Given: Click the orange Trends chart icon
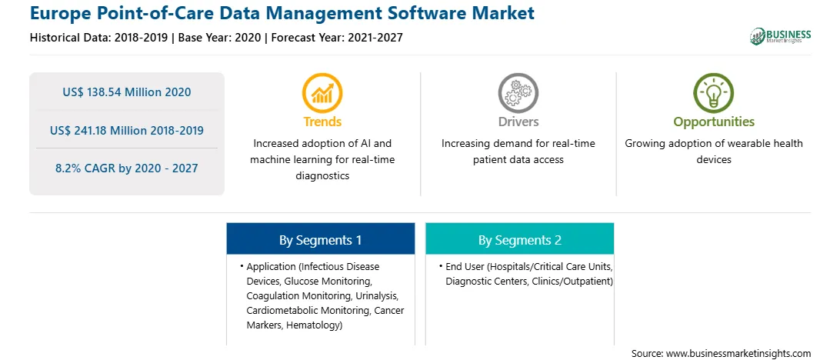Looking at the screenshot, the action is [322, 92].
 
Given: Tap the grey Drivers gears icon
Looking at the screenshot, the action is [518, 92].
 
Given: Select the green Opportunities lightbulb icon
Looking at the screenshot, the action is [714, 92].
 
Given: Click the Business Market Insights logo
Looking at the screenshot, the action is [780, 36].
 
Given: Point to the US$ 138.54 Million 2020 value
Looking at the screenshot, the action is [126, 92].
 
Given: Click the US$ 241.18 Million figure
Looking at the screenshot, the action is [101, 130].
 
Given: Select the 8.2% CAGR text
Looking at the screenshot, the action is [87, 168].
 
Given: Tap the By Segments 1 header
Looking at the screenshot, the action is [320, 240].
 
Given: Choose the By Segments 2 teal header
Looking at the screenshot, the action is [520, 240].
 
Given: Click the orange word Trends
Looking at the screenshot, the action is [322, 122].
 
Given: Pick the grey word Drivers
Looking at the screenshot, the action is [518, 122].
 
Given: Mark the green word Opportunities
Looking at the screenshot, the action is [714, 122].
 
